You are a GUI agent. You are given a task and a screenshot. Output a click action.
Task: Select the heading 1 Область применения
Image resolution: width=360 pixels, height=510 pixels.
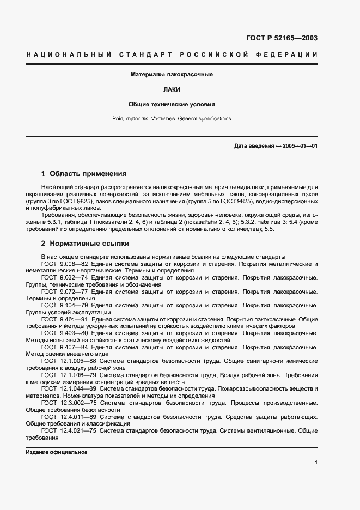(84, 174)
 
